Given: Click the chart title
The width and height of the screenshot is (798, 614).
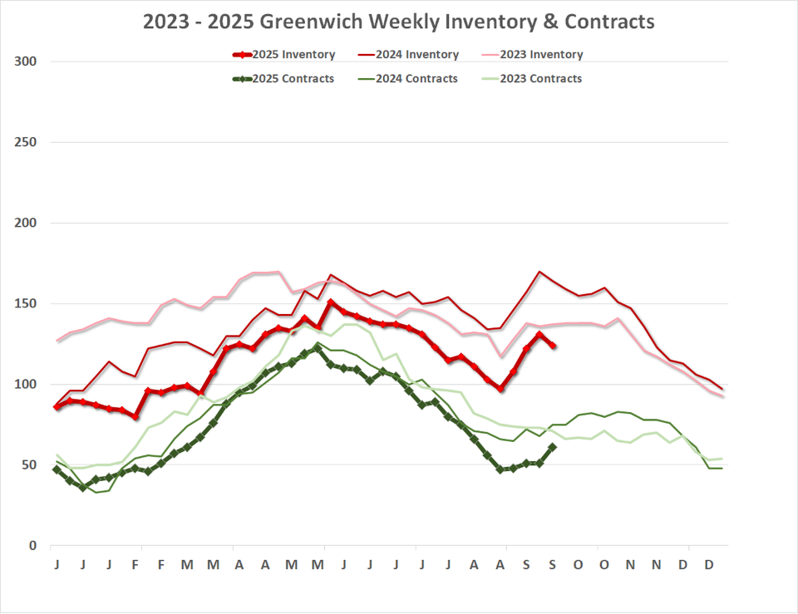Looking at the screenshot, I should click(x=398, y=22).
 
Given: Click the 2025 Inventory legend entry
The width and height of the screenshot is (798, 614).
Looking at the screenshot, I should click(x=284, y=55).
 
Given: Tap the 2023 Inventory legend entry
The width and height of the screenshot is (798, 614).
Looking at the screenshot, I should click(x=532, y=55).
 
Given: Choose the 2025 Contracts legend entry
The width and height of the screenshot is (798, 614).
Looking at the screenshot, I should click(x=284, y=79).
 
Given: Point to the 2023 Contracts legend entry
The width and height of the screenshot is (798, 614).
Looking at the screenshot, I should click(x=532, y=79).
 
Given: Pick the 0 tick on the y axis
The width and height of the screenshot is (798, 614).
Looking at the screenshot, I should click(x=32, y=546).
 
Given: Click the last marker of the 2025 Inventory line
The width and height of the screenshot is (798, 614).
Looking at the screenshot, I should click(x=553, y=346).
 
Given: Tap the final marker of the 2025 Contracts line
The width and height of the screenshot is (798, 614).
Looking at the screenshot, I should click(x=553, y=447).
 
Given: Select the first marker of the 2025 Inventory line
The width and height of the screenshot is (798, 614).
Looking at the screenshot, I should click(x=57, y=407).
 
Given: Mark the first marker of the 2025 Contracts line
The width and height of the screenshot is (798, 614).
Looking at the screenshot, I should click(x=57, y=469).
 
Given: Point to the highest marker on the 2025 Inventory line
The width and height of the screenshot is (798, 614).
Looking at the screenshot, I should click(x=331, y=302).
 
